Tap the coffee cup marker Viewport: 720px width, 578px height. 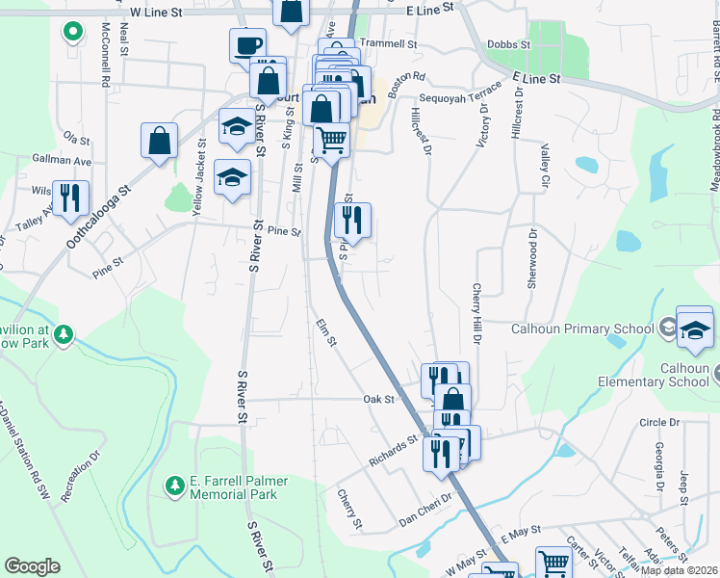[x=247, y=45]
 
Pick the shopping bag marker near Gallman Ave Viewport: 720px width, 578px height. [x=160, y=141]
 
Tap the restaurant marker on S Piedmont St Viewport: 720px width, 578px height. [x=352, y=221]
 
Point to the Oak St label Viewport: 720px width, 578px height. [x=379, y=398]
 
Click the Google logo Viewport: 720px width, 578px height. [x=32, y=566]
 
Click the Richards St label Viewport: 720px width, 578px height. [x=394, y=450]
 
